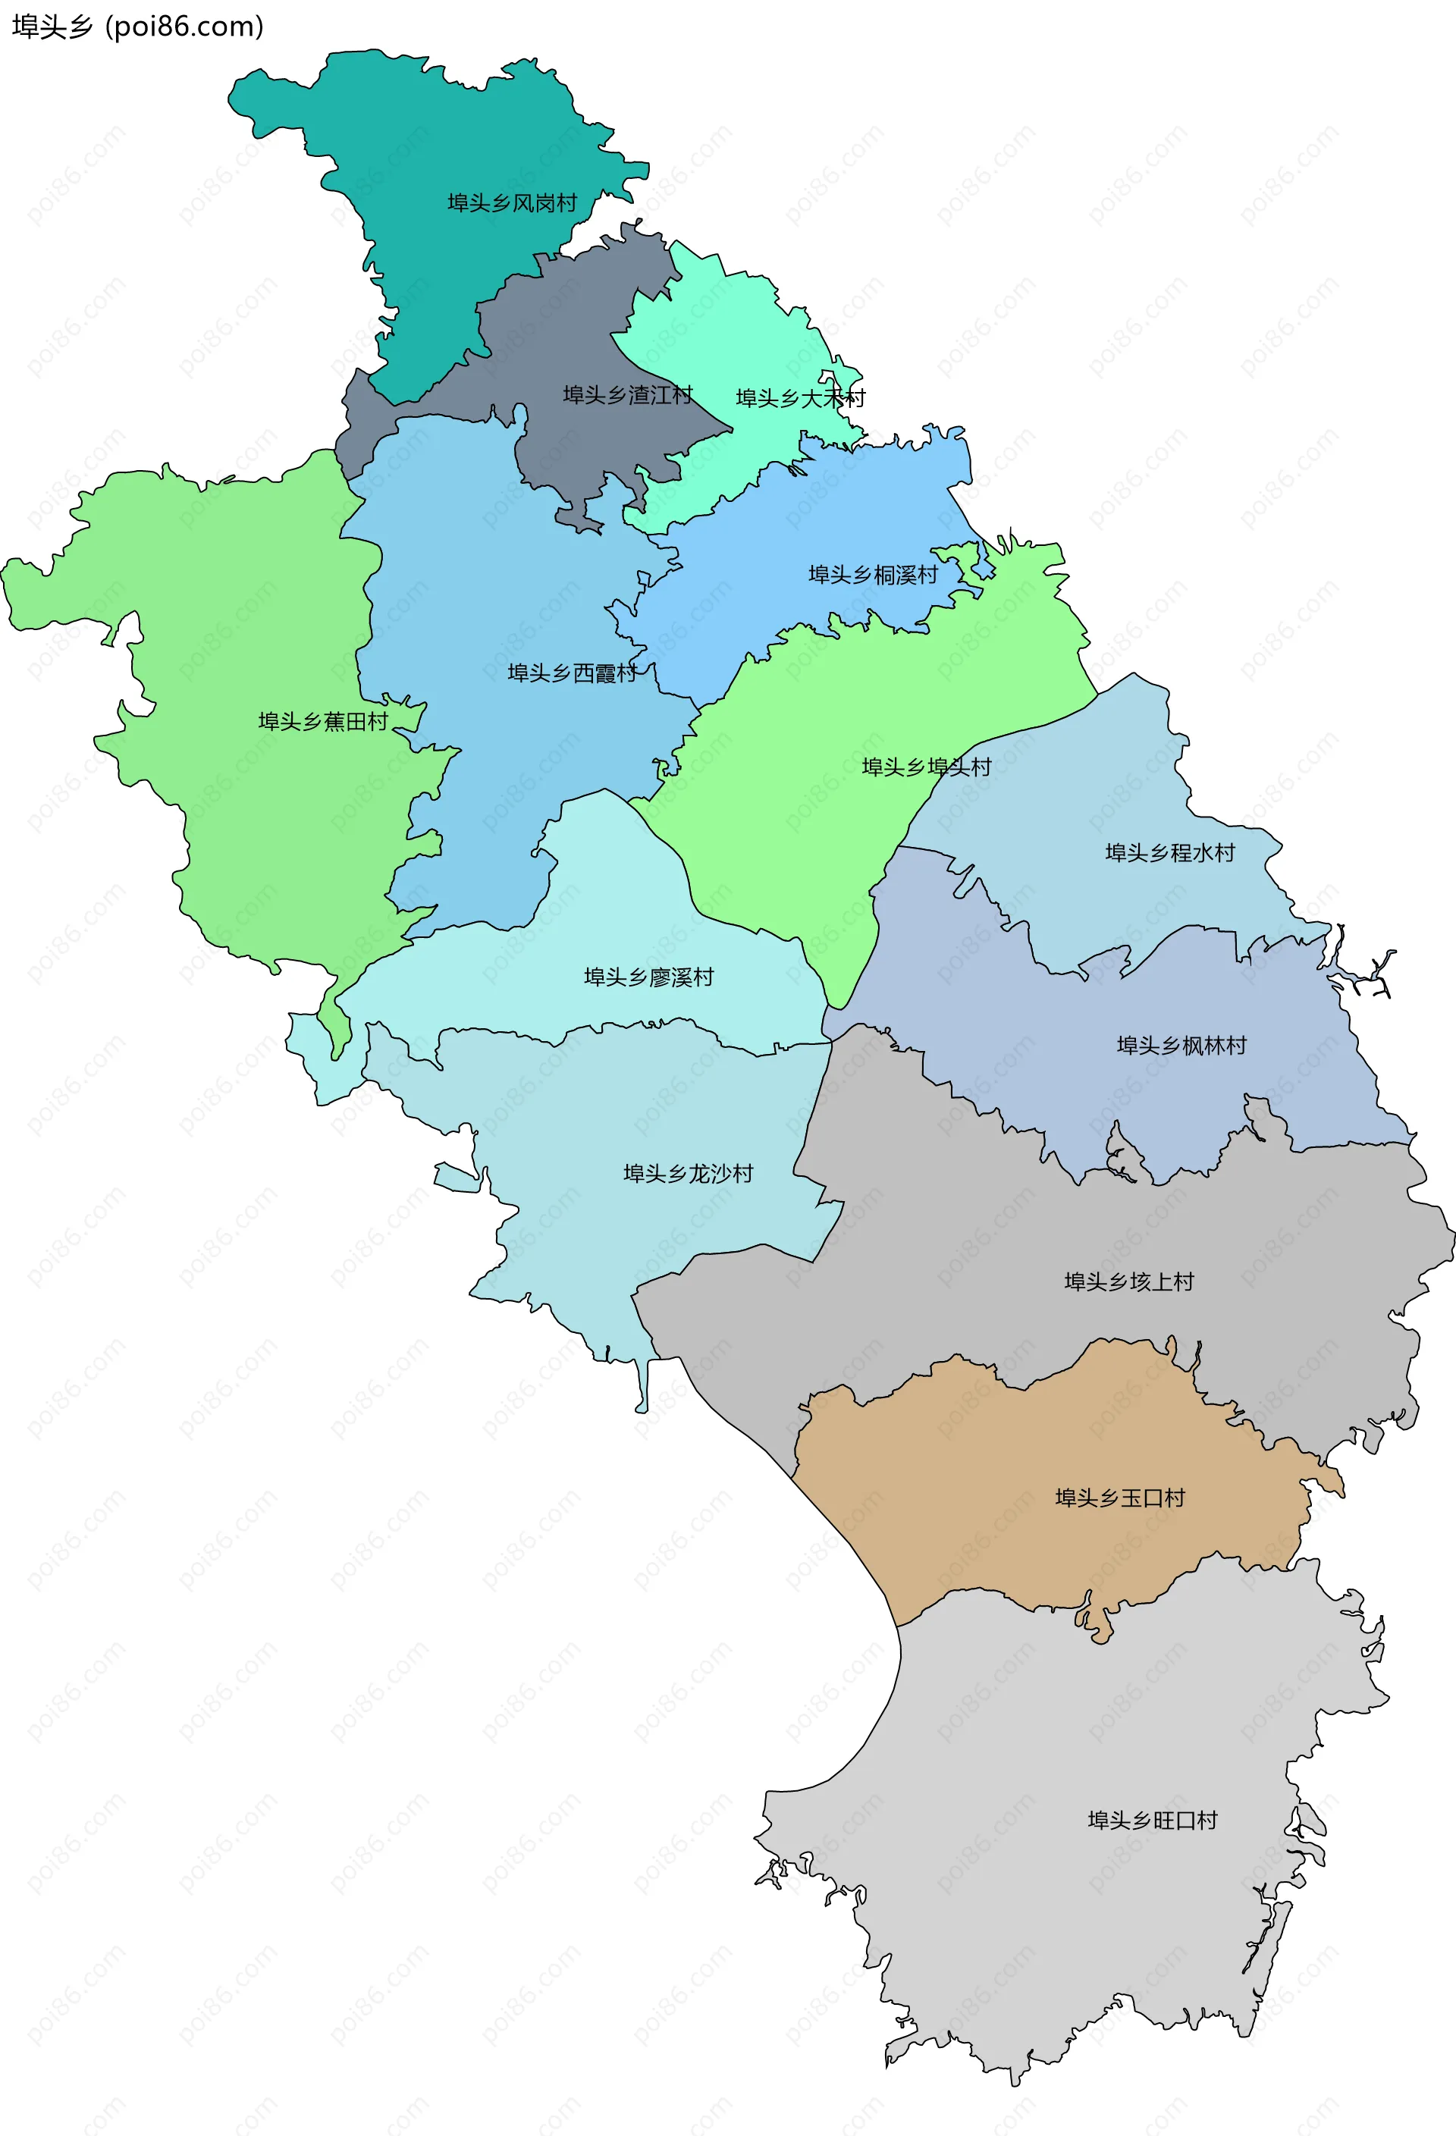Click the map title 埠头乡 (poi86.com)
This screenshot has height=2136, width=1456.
click(138, 27)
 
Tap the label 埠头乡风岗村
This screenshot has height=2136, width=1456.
click(512, 203)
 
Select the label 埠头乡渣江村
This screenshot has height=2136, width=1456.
click(627, 395)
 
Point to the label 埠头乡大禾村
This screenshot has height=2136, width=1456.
click(800, 398)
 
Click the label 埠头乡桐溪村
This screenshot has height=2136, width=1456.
click(872, 575)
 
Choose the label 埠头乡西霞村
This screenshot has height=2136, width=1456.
click(572, 673)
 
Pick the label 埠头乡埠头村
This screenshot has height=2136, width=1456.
click(926, 767)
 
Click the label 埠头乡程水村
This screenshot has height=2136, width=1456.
click(1169, 853)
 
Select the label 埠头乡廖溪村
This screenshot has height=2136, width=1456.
click(649, 977)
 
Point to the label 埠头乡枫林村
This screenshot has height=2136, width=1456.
click(1181, 1045)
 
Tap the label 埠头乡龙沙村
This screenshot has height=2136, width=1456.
click(688, 1173)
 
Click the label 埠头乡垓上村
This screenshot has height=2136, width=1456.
click(1128, 1281)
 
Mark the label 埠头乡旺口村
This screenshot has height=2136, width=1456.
click(1152, 1821)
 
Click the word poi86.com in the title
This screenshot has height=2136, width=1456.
click(184, 27)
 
